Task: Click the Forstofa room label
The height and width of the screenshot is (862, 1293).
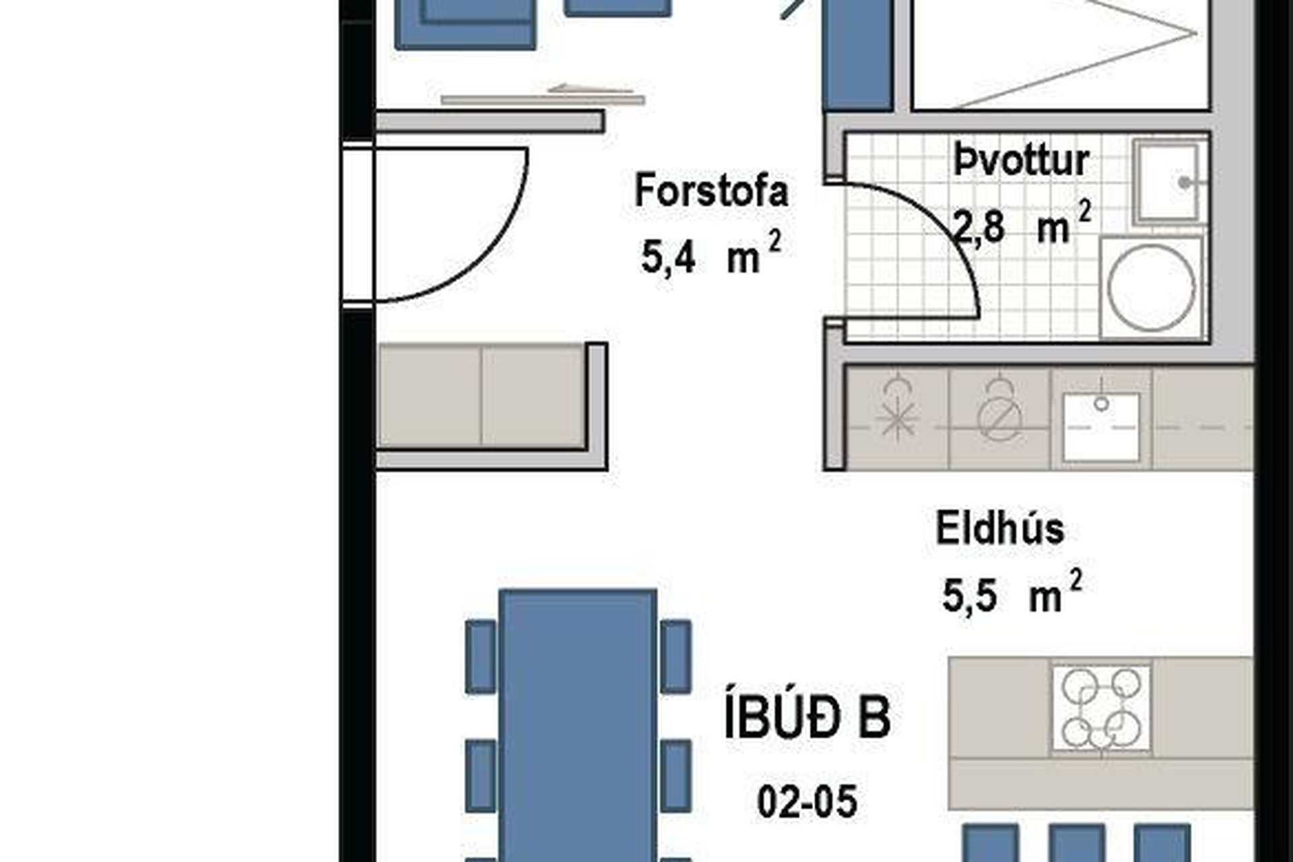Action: click(711, 191)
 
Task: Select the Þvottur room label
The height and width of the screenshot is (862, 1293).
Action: click(1022, 161)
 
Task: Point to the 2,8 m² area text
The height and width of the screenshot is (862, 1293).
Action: click(1022, 224)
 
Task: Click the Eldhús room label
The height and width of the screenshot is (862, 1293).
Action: click(1000, 529)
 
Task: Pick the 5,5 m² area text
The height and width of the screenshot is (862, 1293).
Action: click(1012, 593)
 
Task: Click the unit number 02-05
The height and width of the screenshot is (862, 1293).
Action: click(807, 802)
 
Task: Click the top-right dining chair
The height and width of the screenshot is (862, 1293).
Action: click(675, 657)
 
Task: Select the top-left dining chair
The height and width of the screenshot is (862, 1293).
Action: click(481, 657)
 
